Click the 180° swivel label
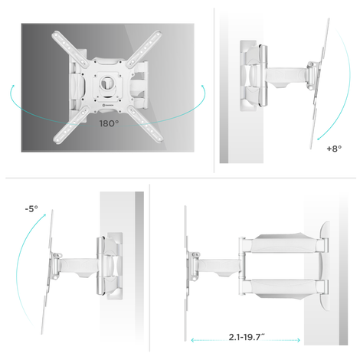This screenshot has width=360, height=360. click(x=109, y=123)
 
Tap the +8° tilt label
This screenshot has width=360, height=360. click(x=334, y=149)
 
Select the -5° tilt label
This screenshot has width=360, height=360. click(x=31, y=209)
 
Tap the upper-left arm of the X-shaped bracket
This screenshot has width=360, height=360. click(x=70, y=49)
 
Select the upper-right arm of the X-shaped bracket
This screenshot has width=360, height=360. click(x=144, y=48)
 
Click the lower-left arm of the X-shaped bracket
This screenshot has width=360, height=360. click(x=70, y=125)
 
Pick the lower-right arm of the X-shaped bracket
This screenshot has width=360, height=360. click(x=146, y=124)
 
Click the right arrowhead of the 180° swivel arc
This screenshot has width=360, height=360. click(x=203, y=87)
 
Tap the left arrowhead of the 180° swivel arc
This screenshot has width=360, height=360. click(x=12, y=87)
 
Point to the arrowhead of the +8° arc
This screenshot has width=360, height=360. click(x=319, y=139)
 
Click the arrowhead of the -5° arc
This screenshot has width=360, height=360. click(x=44, y=215)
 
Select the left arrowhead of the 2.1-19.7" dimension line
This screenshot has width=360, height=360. click(x=192, y=340)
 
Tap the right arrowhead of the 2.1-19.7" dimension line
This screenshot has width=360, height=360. click(x=299, y=340)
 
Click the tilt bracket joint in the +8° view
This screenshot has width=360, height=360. click(x=311, y=75)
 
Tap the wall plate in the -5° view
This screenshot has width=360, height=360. click(x=115, y=266)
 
